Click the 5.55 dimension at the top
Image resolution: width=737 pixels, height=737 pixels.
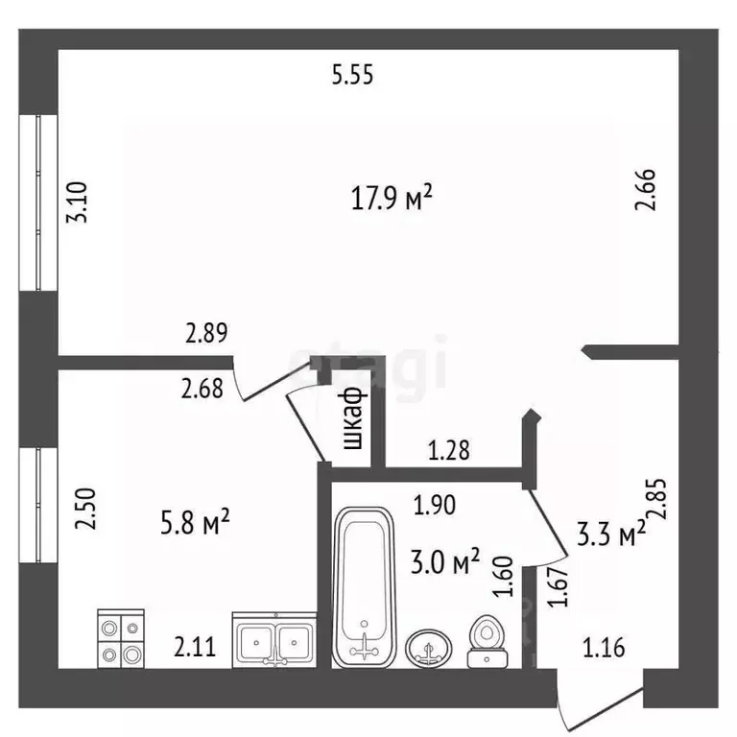click(x=352, y=75)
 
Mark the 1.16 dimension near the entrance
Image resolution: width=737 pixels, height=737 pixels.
click(x=604, y=648)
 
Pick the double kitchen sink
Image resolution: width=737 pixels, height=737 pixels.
click(x=274, y=640)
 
